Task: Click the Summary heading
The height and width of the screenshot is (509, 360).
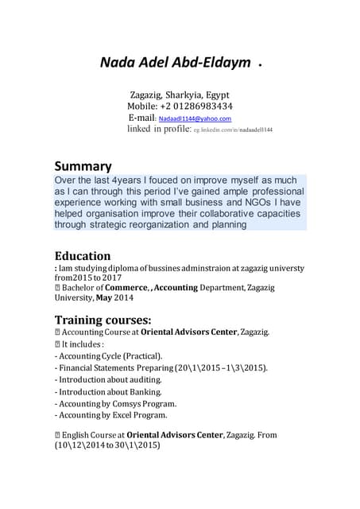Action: point(83,166)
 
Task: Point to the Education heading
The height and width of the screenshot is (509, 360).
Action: point(82,256)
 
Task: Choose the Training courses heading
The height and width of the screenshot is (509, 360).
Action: point(103,320)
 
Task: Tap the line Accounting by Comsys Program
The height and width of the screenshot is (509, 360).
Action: point(114,403)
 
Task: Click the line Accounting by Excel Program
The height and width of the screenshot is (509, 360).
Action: point(110,414)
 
